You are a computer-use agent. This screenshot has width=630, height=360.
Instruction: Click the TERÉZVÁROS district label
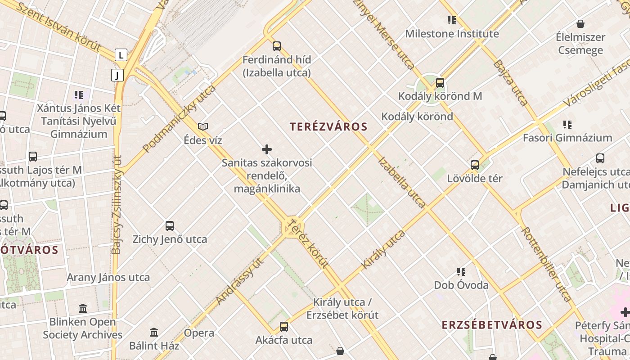(328, 127)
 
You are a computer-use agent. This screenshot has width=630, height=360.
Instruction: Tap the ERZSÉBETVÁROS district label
(491, 325)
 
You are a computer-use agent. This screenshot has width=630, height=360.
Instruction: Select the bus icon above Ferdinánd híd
(276, 46)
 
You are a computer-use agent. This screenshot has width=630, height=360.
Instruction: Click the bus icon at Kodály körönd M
(440, 83)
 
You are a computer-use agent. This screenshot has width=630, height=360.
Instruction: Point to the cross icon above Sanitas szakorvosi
(267, 149)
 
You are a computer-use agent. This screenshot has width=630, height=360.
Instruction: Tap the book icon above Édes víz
(203, 127)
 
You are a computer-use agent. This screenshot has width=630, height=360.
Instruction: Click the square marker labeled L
(121, 55)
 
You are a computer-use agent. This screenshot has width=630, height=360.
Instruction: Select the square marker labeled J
(117, 75)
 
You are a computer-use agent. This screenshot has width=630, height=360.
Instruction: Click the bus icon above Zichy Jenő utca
(170, 226)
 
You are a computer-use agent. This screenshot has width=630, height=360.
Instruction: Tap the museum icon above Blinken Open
(83, 309)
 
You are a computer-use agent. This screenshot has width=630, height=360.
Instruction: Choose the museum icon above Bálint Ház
(154, 333)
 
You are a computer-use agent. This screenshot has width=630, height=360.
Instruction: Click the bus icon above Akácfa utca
(283, 327)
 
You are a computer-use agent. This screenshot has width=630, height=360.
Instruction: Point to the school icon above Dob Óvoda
(461, 272)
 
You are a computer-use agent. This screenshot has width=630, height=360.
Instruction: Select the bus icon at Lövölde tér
(475, 165)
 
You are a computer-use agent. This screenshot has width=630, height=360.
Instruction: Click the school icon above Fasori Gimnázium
(567, 125)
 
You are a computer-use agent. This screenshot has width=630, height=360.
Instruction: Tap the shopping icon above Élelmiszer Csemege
(580, 24)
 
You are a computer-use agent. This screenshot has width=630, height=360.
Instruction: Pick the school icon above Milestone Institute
(452, 20)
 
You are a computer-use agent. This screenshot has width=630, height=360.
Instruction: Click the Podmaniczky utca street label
(180, 119)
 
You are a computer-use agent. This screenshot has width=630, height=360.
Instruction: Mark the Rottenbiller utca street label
(546, 264)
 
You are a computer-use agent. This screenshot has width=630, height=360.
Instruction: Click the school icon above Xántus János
(79, 95)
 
